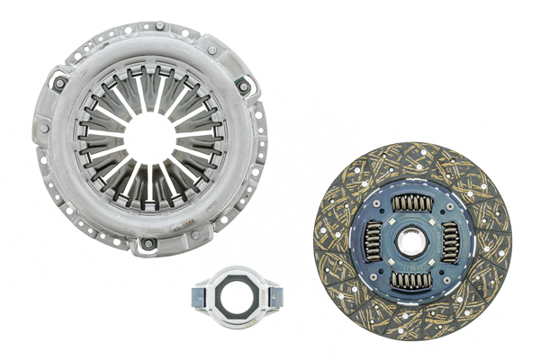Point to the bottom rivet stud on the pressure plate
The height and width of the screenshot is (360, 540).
click(147, 244)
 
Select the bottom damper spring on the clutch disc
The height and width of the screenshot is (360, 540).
click(415, 279)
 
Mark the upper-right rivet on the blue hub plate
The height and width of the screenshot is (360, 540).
click(445, 213)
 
